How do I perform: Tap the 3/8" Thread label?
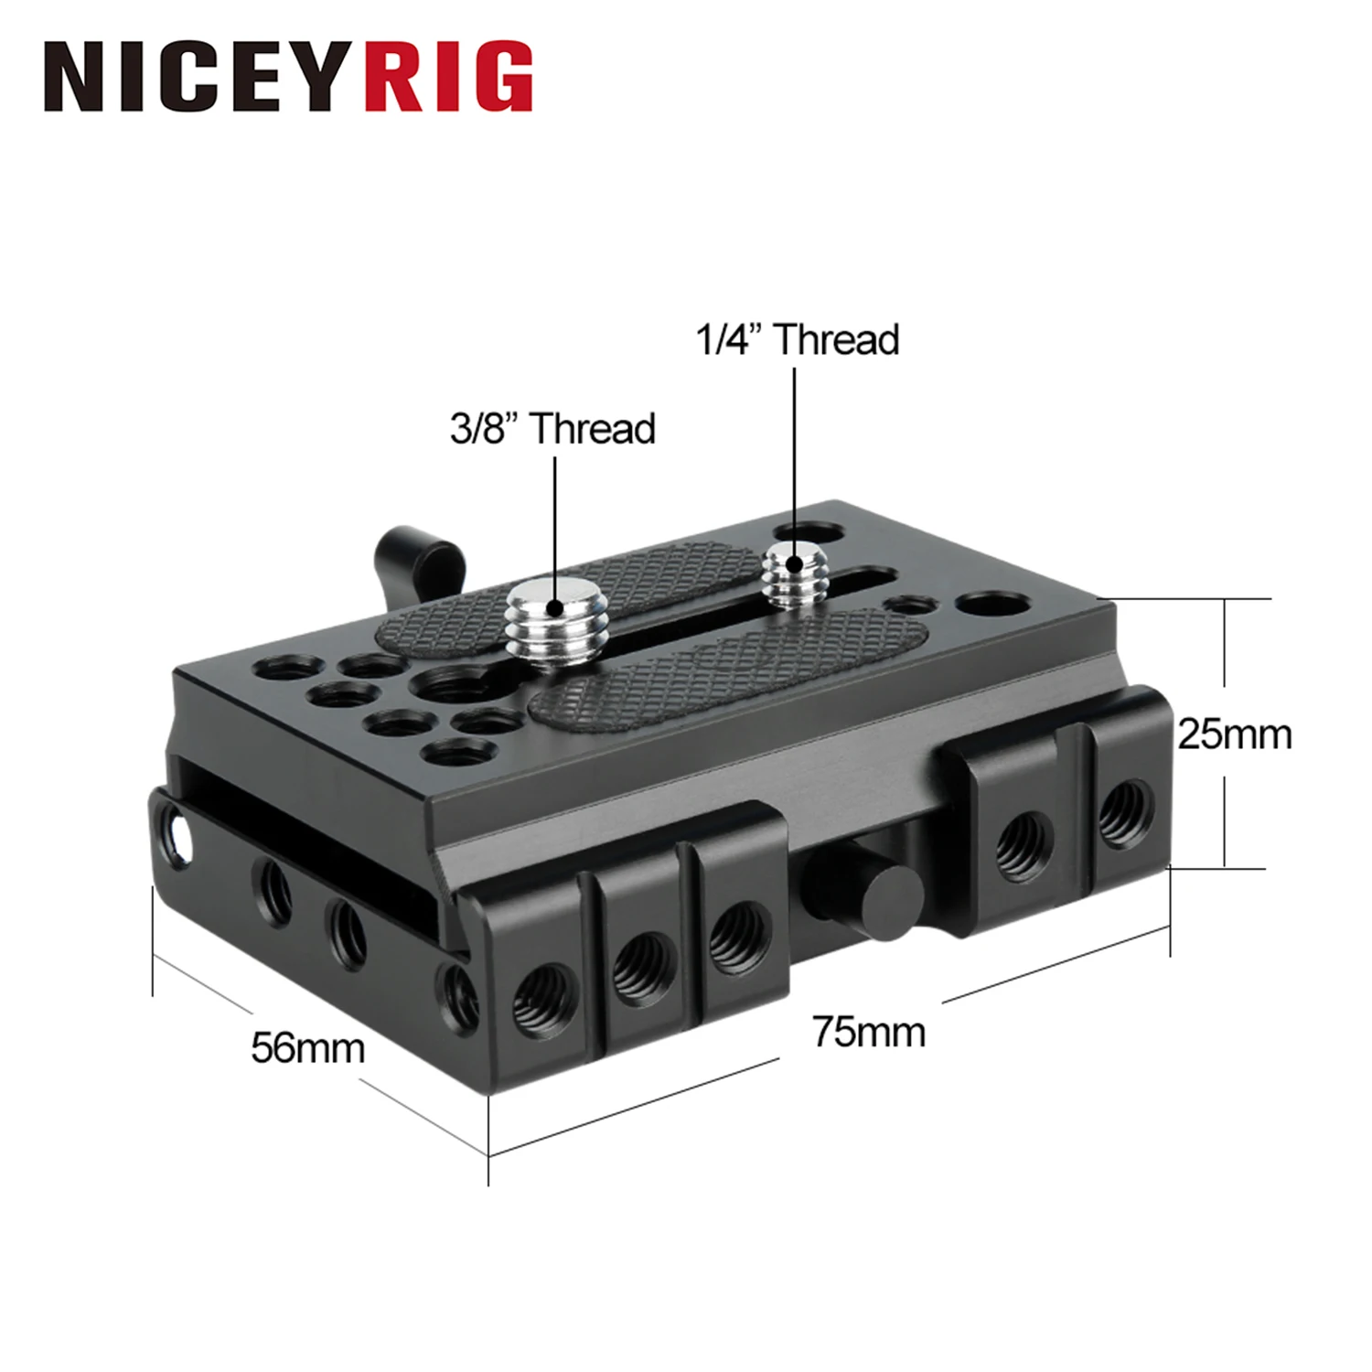552,428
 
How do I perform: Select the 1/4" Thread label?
797,339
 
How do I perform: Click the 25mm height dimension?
1234,734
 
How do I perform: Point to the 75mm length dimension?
868,1032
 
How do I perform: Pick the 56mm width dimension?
307,1047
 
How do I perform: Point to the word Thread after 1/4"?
836,339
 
